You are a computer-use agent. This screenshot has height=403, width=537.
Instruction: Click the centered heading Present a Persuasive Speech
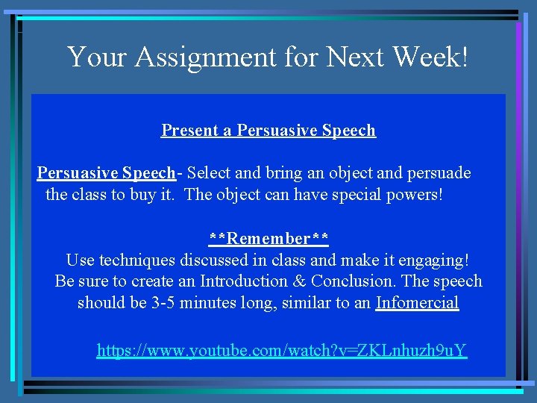pyautogui.click(x=268, y=131)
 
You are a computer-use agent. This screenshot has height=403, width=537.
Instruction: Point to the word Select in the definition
pyautogui.click(x=211, y=173)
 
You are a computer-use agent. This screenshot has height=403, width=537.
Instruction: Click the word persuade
pyautogui.click(x=437, y=173)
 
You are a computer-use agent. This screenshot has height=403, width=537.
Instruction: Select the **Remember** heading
pyautogui.click(x=268, y=239)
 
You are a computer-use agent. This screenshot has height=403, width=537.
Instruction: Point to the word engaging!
pyautogui.click(x=435, y=260)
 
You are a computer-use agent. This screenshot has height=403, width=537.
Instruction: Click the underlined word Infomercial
pyautogui.click(x=418, y=303)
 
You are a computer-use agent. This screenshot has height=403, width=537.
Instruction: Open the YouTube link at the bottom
pyautogui.click(x=281, y=350)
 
